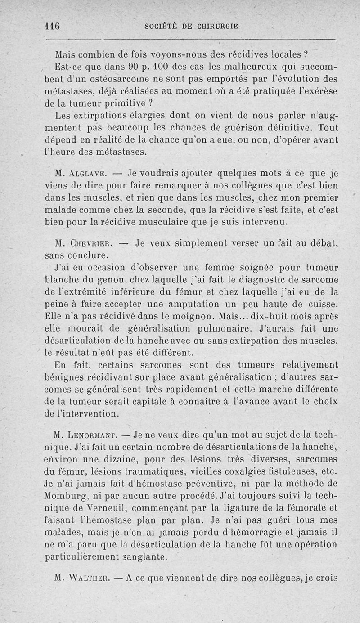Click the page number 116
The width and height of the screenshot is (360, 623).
53,26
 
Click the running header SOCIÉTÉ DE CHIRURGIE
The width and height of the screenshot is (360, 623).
191,26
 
